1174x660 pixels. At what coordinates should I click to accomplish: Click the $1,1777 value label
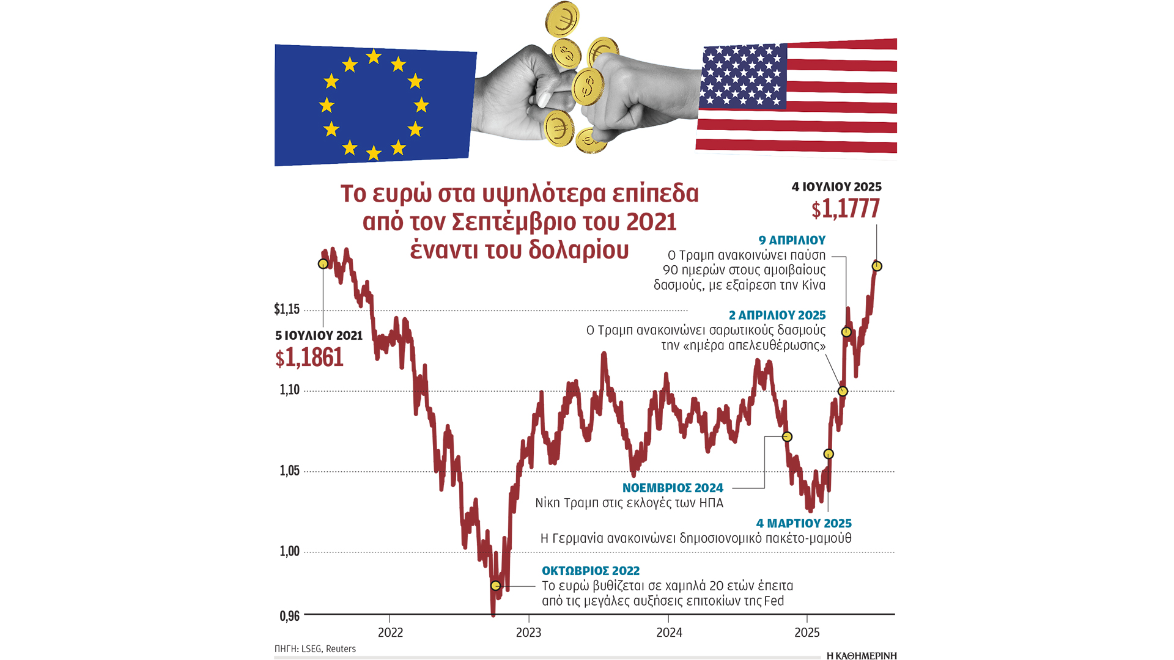846,209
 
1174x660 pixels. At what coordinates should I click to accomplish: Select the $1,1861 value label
309,358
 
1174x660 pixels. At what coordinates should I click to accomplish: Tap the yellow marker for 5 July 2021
323,264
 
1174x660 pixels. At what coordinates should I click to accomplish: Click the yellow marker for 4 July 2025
877,266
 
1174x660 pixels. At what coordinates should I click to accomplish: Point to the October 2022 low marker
496,585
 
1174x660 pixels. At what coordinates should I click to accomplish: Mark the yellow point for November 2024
788,437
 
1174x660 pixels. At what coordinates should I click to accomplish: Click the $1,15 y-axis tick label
287,309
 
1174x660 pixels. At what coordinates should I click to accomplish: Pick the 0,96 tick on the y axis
290,616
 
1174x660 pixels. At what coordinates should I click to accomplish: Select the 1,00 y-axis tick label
290,551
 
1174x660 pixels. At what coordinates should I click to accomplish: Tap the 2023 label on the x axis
528,632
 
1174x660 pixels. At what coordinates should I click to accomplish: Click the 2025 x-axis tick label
807,632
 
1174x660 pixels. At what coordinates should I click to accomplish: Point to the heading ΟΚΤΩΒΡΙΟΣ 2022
591,571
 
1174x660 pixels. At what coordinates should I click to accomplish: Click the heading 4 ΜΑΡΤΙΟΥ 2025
803,523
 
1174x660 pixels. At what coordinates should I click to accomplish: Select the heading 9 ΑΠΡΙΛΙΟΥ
792,240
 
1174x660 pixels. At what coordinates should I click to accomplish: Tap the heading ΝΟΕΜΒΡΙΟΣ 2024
673,488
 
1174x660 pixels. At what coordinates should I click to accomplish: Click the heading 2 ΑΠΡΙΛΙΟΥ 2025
777,315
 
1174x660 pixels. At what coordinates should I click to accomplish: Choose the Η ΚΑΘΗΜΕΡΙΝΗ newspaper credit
861,656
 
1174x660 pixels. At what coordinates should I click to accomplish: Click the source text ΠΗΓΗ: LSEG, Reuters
315,649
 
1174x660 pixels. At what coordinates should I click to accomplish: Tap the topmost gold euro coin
562,18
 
